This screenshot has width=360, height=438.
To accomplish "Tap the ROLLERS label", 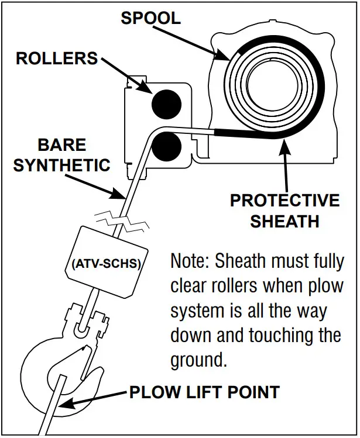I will (x=57, y=58).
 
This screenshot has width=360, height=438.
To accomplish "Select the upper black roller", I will (x=165, y=103).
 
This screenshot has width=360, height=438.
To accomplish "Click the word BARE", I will (x=61, y=145).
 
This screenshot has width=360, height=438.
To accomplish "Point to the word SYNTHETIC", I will (x=61, y=165).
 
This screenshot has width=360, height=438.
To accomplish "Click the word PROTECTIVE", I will (x=284, y=201).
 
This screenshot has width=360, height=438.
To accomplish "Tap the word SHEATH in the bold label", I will (x=284, y=221).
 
